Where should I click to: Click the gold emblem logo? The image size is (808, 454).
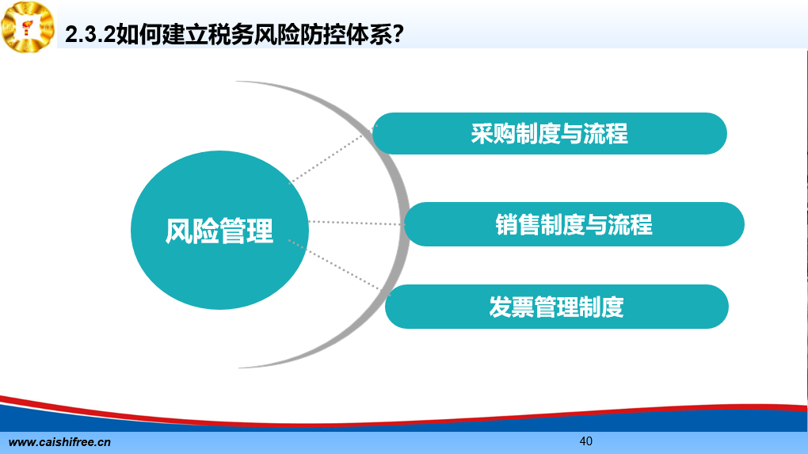tap(28, 27)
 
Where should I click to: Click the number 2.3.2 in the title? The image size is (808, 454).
tap(90, 35)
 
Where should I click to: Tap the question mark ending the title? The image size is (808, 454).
tap(397, 35)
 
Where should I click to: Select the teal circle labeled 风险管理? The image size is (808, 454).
tap(219, 230)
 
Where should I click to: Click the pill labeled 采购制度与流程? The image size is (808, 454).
tap(549, 133)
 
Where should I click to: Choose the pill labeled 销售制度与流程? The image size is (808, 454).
tap(574, 224)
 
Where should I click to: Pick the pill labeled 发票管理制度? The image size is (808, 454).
tap(557, 307)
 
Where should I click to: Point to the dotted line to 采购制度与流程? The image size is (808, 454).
tap(333, 154)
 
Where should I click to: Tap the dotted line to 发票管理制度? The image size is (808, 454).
tap(338, 268)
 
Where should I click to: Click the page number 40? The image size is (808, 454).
tap(586, 441)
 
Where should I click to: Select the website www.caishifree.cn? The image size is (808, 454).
tap(59, 442)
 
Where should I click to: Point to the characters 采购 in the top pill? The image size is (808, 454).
tap(494, 134)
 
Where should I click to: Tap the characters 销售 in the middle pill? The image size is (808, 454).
tap(518, 225)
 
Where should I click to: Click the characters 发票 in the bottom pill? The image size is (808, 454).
tap(511, 307)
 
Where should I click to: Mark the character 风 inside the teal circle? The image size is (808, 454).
tap(178, 231)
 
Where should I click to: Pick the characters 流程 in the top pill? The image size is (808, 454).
tap(605, 134)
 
